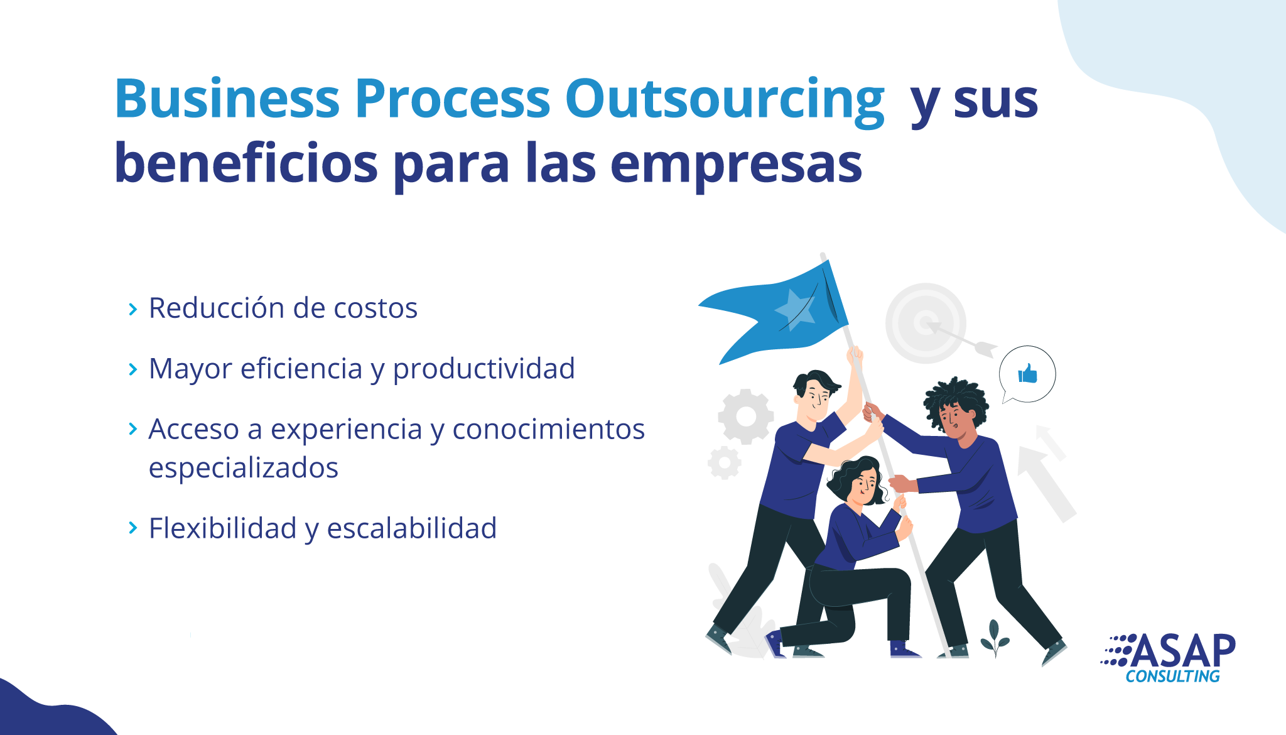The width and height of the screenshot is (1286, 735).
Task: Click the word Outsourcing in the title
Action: [725, 101]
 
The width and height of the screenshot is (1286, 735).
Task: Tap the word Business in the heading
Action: [227, 98]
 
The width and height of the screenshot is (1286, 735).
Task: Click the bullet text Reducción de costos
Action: [283, 308]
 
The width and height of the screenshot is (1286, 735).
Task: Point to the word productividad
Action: [484, 370]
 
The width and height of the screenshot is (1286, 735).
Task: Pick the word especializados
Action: [244, 469]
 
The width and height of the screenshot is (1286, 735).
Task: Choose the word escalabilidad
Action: [412, 528]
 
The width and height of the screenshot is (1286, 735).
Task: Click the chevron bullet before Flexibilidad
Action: [132, 528]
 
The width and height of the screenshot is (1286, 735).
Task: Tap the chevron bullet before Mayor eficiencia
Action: [132, 369]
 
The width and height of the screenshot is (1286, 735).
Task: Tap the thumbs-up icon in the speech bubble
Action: [1028, 373]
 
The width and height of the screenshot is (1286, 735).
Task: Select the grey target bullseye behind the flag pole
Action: [925, 323]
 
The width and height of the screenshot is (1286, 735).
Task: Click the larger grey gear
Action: [746, 416]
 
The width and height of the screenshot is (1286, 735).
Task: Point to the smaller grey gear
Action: [725, 463]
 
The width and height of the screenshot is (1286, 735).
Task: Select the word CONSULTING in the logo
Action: [1172, 677]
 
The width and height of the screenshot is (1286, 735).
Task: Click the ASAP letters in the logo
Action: [1183, 650]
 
